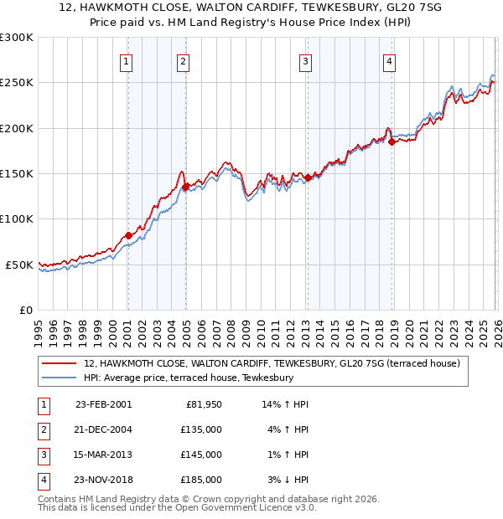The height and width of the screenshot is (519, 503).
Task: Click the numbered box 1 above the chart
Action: pyautogui.click(x=126, y=60)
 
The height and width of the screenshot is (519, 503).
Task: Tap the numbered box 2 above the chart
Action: pyautogui.click(x=183, y=60)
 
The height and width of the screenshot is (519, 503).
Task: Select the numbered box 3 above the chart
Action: pyautogui.click(x=306, y=60)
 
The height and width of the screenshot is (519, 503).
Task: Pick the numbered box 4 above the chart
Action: pyautogui.click(x=390, y=60)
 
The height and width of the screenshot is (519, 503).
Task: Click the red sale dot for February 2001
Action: pyautogui.click(x=128, y=235)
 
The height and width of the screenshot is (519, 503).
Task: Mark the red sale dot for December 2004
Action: pyautogui.click(x=185, y=187)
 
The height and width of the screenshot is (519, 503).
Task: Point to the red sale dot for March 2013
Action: pyautogui.click(x=307, y=177)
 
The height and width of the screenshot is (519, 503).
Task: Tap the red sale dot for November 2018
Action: pyautogui.click(x=391, y=141)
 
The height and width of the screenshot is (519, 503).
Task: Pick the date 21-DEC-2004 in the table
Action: pyautogui.click(x=103, y=429)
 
